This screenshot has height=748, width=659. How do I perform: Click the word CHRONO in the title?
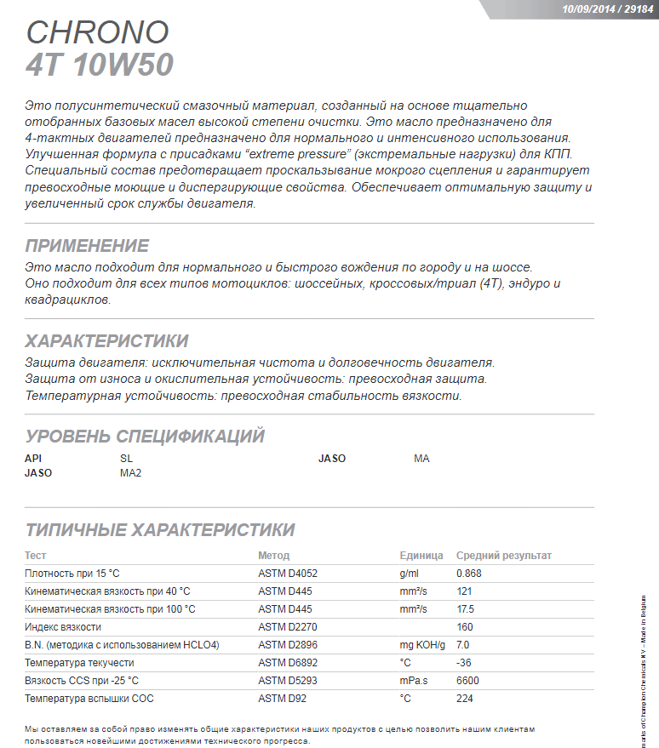pos(97,32)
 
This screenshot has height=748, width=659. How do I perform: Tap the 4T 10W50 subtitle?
pos(100,66)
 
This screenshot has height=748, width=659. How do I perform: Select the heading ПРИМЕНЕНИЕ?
pos(87,246)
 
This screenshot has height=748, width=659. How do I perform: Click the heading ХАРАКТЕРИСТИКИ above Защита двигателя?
pos(106,341)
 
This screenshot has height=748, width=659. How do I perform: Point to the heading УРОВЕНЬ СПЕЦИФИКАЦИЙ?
pos(145,437)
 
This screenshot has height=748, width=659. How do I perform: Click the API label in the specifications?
pos(33,459)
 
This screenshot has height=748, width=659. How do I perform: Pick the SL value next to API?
pos(127,459)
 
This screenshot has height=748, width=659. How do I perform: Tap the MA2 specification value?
pos(130,473)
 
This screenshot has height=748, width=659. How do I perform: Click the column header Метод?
pos(273,556)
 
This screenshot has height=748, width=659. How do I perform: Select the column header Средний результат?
pos(504,556)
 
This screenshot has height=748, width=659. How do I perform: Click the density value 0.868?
pos(469,574)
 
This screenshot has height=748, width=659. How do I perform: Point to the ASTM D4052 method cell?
pos(287,574)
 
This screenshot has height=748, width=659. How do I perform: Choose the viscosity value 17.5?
pos(466,609)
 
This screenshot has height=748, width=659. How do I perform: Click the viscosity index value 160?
pos(465,627)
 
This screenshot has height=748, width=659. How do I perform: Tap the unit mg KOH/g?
pos(422,645)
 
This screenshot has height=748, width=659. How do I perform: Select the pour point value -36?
pos(464,663)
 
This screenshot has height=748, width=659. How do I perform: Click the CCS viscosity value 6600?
pos(468,681)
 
